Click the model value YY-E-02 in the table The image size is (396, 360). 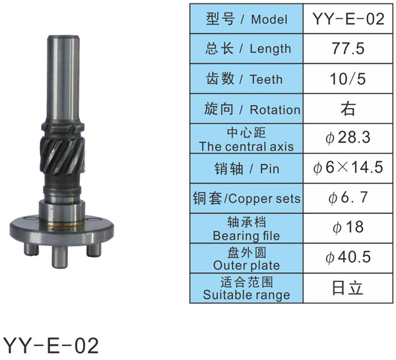[348, 18]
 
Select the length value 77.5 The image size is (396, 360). [348, 48]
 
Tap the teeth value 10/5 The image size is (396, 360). [348, 79]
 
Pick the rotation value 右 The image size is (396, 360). [348, 109]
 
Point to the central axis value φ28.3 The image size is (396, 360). [348, 137]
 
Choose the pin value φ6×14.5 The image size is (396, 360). [348, 168]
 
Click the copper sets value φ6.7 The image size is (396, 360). [348, 198]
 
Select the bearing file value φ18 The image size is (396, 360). [348, 227]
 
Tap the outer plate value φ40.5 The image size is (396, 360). [348, 257]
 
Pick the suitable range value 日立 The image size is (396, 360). [348, 288]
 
